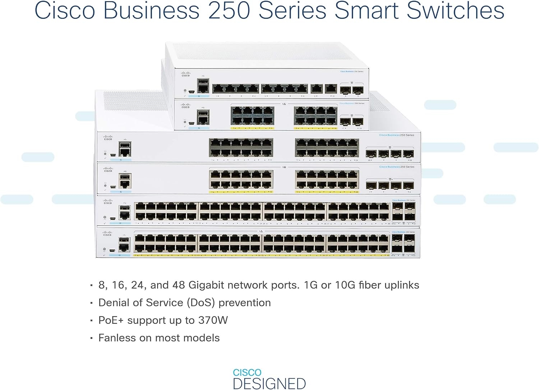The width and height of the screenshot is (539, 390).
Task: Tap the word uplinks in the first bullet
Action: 402,285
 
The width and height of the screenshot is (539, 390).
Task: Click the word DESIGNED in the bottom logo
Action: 269,384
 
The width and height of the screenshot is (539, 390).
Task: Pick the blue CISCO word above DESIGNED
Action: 247,372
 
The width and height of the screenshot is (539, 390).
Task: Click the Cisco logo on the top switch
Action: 185,74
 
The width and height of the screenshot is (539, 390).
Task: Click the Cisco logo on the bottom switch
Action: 107,234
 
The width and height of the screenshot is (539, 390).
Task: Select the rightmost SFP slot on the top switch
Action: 358,90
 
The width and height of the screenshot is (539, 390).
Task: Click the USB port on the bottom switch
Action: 124,240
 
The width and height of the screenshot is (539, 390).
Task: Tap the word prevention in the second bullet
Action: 244,303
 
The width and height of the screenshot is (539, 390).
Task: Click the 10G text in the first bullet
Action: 345,285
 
